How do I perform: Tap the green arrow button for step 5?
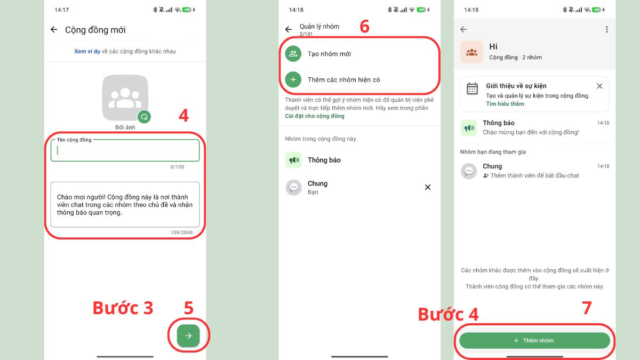coord(188,336)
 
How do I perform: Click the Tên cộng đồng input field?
coord(125,150)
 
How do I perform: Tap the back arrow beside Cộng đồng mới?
coord(54,30)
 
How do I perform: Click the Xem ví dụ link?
coord(87,52)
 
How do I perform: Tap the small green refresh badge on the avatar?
coord(143,117)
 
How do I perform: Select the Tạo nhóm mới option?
coord(329,54)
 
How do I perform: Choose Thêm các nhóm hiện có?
coord(343,80)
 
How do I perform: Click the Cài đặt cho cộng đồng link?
coord(315,116)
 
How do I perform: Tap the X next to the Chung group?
coord(427,187)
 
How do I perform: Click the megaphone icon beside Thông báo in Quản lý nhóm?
coord(293,160)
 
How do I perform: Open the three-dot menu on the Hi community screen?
coord(606,30)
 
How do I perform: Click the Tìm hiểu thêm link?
coord(505,103)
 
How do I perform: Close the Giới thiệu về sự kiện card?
coord(599,86)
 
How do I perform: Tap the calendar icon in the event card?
coord(473,89)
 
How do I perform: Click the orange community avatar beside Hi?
coord(471,52)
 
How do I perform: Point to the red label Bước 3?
coord(123,308)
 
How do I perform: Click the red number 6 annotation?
coord(364,27)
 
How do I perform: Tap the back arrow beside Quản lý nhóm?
coord(289,30)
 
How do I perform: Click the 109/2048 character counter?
coord(181,233)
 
